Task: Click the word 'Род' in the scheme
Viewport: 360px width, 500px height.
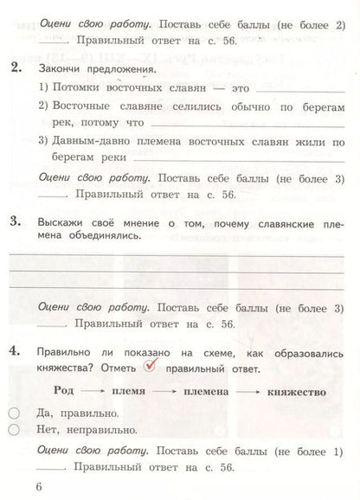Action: [68, 391]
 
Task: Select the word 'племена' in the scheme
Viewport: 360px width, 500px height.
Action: [209, 391]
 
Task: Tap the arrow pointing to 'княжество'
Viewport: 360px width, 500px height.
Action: [252, 392]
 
